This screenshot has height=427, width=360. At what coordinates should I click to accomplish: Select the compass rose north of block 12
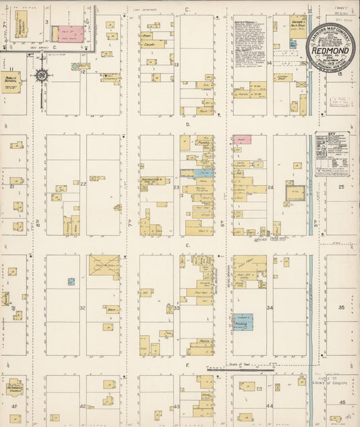pos(41,74)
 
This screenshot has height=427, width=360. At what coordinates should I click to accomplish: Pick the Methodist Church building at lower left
pos(15,389)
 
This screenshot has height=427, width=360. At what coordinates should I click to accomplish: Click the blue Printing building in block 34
pos(245,322)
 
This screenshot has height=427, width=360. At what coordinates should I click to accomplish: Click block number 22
pos(83,184)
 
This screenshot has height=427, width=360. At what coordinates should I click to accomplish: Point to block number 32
pos(82,307)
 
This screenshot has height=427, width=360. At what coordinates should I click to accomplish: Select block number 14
pos(269,62)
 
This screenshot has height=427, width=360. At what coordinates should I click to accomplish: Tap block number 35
pos(341,307)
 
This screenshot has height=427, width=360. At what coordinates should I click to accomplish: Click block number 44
pos(269,406)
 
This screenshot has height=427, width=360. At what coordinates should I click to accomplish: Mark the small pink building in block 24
pos(242,139)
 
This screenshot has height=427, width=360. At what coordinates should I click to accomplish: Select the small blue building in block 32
pos(71,282)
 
